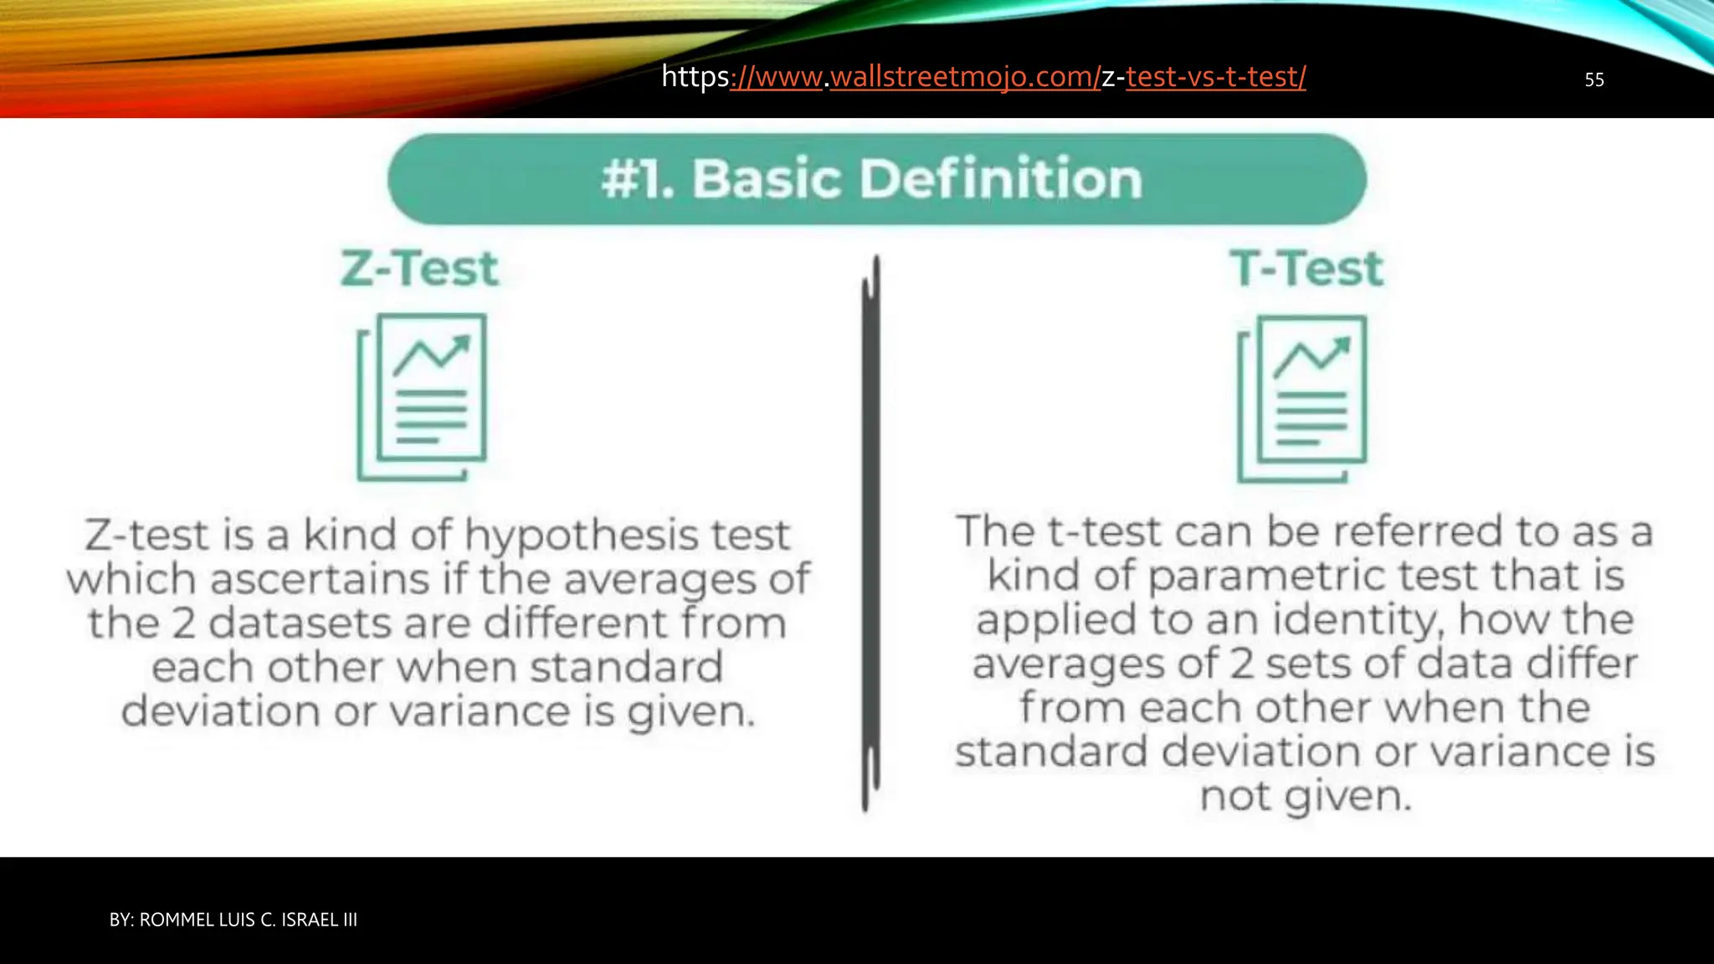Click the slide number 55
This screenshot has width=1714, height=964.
[x=1593, y=79]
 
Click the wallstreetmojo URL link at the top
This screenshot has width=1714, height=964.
[x=983, y=77]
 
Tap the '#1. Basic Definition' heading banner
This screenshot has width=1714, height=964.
[x=875, y=179]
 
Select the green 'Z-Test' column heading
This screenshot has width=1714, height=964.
[x=419, y=269]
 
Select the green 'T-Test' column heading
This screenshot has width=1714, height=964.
[x=1306, y=269]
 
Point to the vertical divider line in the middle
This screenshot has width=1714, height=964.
[x=870, y=536]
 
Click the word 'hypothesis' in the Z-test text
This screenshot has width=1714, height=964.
[x=581, y=536]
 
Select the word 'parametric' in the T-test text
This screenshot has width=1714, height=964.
[x=1265, y=577]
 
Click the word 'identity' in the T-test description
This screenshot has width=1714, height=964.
[x=1357, y=620]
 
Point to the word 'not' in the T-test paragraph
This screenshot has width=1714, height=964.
[x=1235, y=796]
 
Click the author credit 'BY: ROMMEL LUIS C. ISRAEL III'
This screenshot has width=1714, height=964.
[x=233, y=920]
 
